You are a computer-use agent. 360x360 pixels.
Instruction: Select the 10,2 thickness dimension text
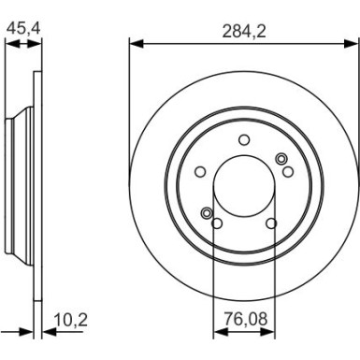click(71, 321)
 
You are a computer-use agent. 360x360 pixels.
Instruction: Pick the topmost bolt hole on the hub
click(243, 139)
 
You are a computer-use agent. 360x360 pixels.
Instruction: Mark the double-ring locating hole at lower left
click(208, 214)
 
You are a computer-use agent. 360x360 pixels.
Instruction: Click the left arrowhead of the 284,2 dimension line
click(133, 42)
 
